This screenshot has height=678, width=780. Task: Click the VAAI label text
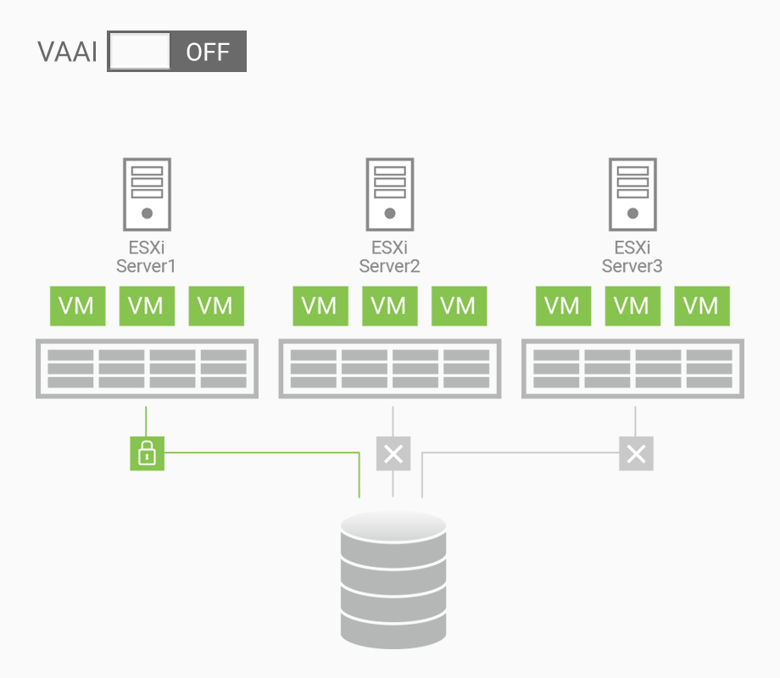pyautogui.click(x=67, y=52)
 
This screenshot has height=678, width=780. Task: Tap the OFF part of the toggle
pyautogui.click(x=208, y=52)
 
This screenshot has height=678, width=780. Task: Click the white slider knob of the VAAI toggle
pyautogui.click(x=140, y=52)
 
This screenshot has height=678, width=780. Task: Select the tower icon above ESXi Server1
pyautogui.click(x=147, y=194)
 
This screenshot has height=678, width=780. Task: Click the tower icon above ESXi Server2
pyautogui.click(x=390, y=194)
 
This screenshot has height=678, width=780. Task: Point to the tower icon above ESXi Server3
pyautogui.click(x=632, y=194)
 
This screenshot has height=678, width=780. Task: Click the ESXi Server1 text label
pyautogui.click(x=147, y=257)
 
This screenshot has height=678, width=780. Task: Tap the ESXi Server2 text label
pyautogui.click(x=390, y=257)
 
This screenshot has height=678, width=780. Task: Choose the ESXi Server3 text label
pyautogui.click(x=632, y=257)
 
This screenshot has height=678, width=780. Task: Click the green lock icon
pyautogui.click(x=147, y=453)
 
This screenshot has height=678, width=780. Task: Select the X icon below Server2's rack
pyautogui.click(x=393, y=453)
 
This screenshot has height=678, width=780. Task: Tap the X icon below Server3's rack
pyautogui.click(x=636, y=453)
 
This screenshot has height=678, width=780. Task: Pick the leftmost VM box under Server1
pyautogui.click(x=78, y=306)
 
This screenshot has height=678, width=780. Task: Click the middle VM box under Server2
pyautogui.click(x=390, y=306)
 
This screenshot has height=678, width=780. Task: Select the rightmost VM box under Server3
pyautogui.click(x=701, y=306)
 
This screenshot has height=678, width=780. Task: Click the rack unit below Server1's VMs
pyautogui.click(x=147, y=369)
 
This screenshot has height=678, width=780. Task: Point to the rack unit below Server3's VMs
pyautogui.click(x=632, y=369)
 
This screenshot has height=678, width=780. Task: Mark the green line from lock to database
pyautogui.click(x=263, y=453)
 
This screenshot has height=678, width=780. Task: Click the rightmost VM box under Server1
pyautogui.click(x=215, y=306)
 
